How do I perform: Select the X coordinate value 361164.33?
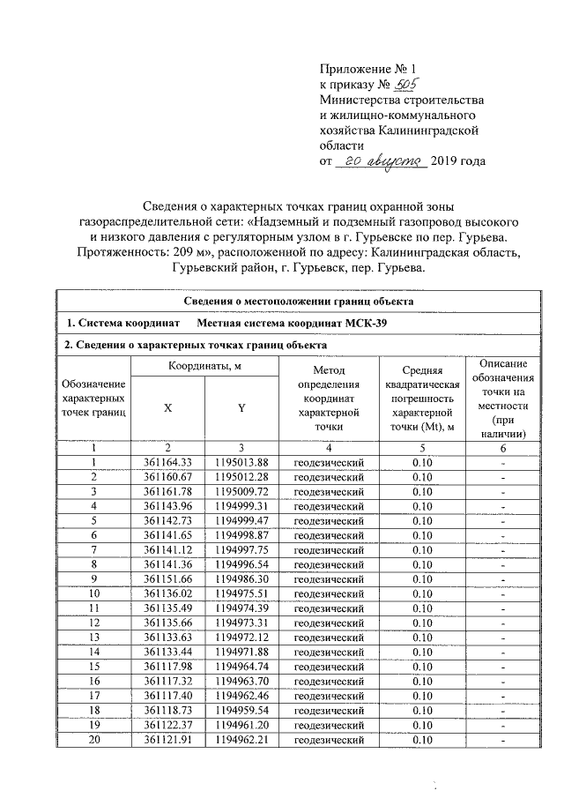(x=167, y=462)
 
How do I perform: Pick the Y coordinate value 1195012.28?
(x=241, y=477)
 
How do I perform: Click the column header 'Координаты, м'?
(x=204, y=367)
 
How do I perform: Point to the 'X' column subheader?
(x=167, y=407)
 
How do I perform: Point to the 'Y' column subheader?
(x=241, y=407)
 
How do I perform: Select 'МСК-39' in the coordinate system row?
(x=363, y=324)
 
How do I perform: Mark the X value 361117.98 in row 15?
(x=167, y=666)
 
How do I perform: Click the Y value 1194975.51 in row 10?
(x=241, y=593)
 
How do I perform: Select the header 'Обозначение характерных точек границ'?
(x=93, y=399)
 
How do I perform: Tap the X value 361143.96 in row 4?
(x=167, y=506)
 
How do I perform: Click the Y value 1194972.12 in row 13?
(x=241, y=637)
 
